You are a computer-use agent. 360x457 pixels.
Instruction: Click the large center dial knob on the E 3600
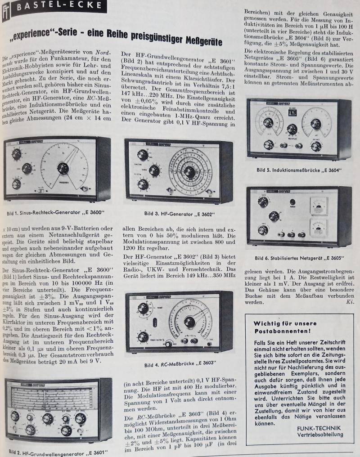coord(63,168)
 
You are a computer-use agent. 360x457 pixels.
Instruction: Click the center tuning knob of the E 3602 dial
coord(190,172)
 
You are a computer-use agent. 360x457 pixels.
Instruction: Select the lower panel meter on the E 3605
coord(319,227)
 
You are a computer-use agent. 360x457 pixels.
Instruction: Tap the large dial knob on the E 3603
coord(190,322)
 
